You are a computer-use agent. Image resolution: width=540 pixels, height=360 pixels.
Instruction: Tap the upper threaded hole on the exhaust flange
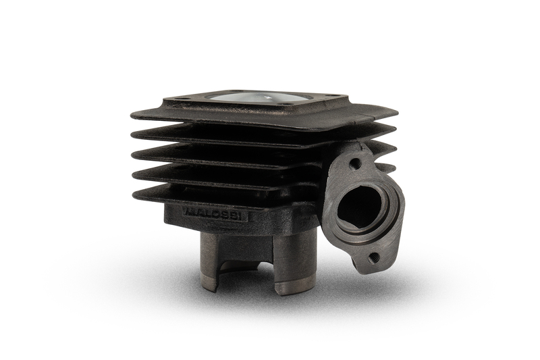354,163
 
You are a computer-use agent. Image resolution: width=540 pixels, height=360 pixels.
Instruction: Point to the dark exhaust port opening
359,205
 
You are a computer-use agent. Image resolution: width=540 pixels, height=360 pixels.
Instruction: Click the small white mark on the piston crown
266,98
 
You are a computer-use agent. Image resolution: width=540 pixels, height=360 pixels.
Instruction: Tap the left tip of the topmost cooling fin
131,115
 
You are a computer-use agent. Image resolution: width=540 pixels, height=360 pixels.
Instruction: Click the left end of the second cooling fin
132,134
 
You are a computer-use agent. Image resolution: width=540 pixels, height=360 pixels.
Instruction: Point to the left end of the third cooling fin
132,153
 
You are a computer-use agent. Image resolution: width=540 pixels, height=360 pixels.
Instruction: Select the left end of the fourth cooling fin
134,174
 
